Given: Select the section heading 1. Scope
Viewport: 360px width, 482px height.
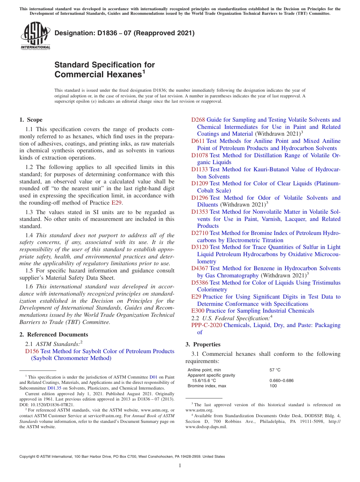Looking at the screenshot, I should (x=31, y=120).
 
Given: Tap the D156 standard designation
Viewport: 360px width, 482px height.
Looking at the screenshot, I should (x=32, y=351).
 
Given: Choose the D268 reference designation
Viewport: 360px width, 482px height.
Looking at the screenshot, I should (x=198, y=120).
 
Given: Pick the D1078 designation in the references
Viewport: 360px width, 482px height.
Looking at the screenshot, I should (x=199, y=155).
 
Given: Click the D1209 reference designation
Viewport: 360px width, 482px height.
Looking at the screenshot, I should (x=199, y=183).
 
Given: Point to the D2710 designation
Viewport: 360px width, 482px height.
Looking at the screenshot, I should (x=199, y=233).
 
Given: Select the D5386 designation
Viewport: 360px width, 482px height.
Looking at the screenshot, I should (x=199, y=283).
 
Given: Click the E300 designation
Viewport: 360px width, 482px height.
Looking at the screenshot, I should (x=197, y=311).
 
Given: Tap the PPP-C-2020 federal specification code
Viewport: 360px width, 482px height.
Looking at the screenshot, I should (x=207, y=325).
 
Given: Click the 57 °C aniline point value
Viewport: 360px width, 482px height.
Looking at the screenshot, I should (x=275, y=370).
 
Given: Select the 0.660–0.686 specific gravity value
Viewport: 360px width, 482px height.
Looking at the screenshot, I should (x=281, y=380).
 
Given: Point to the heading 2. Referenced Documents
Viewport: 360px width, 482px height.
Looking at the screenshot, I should (x=54, y=335).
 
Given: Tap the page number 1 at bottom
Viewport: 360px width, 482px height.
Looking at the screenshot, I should (x=180, y=465).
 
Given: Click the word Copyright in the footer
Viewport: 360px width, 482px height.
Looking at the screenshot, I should (x=28, y=457).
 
